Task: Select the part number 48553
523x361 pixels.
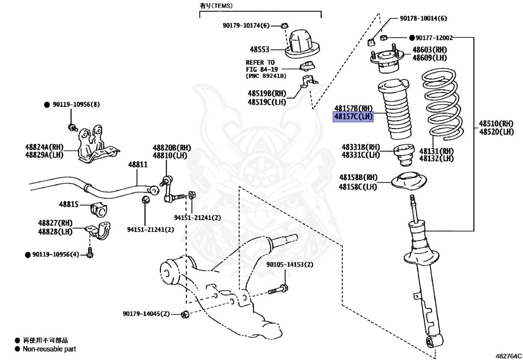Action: click(259, 50)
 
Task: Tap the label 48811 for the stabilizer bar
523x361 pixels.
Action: click(137, 165)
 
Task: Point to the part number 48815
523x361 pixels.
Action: click(68, 204)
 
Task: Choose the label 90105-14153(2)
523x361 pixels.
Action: click(289, 265)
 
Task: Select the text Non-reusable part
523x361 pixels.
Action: click(49, 349)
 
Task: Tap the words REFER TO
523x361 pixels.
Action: click(260, 62)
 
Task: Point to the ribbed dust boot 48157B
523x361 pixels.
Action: click(395, 110)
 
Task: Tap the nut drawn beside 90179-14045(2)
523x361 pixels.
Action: click(185, 314)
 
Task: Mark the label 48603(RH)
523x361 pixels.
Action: click(430, 50)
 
